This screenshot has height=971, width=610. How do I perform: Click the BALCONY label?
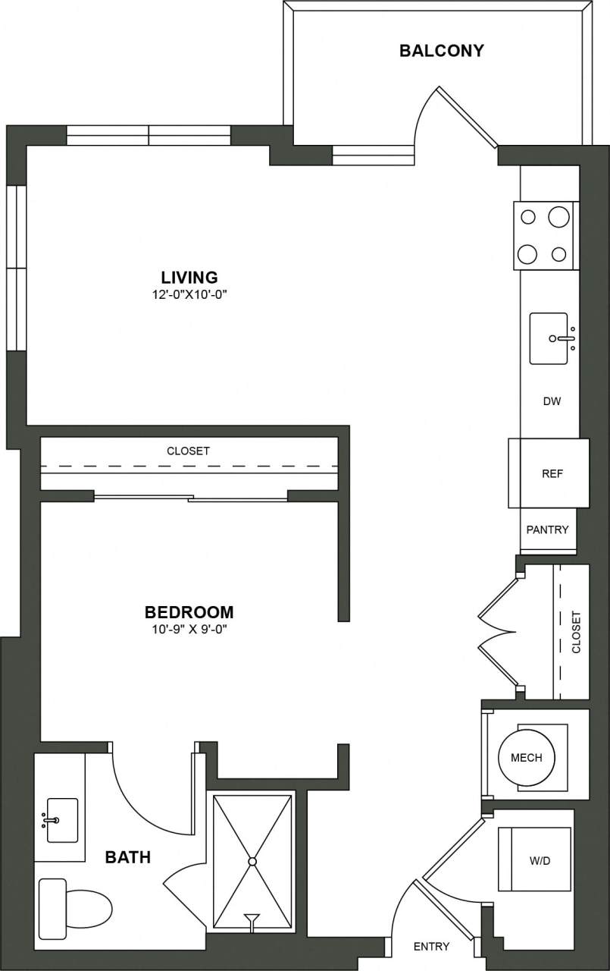[x=441, y=52]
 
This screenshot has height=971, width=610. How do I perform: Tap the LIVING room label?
[x=189, y=277]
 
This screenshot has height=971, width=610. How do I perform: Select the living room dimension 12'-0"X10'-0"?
[x=189, y=294]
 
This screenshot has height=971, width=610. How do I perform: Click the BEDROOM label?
[x=189, y=611]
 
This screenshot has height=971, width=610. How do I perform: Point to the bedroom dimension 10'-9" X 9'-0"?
[x=189, y=629]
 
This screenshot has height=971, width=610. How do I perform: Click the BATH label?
[x=127, y=858]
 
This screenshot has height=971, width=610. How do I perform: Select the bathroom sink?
[x=61, y=820]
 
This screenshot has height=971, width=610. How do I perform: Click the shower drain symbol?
[x=252, y=861]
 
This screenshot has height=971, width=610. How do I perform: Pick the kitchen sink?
[x=549, y=338]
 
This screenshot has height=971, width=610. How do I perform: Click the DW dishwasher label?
[x=552, y=401]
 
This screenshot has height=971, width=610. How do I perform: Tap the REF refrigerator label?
[x=552, y=473]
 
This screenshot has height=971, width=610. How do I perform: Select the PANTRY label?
[x=547, y=529]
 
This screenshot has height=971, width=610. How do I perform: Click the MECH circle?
[x=526, y=757]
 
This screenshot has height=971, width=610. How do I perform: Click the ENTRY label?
[x=431, y=946]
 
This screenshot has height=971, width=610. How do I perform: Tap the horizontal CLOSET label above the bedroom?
[x=188, y=451]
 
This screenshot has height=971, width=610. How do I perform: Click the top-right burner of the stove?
[x=558, y=217]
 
